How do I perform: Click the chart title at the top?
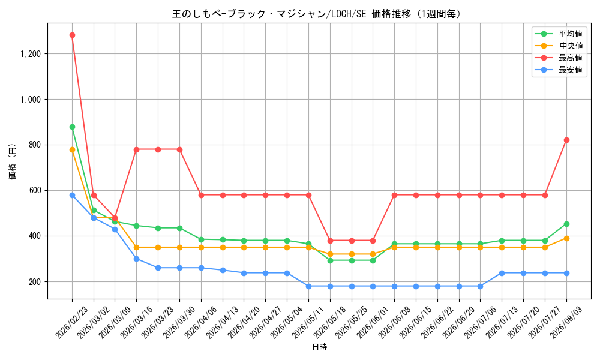point(316,14)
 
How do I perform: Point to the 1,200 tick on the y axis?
point(31,53)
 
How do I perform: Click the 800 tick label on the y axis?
point(35,145)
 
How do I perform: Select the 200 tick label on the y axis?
point(35,282)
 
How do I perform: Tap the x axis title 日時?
point(320,347)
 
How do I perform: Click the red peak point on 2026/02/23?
point(73,35)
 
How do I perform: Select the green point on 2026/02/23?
point(73,127)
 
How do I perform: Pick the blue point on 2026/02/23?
point(73,196)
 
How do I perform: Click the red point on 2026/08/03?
point(566,140)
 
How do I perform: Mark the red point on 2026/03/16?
point(137,149)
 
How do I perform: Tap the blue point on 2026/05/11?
point(308,287)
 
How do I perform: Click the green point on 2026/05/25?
point(352,261)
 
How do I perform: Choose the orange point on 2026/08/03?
point(566,239)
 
